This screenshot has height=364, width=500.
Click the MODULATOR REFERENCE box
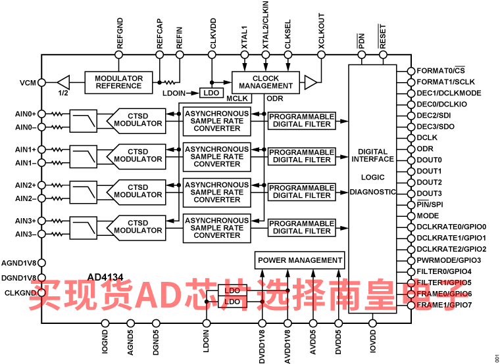[x=118, y=82]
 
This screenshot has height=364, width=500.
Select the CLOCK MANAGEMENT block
[x=266, y=82]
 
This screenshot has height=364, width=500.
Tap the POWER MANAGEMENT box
[x=300, y=260]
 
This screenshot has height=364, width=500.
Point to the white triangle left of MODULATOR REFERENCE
[x=64, y=82]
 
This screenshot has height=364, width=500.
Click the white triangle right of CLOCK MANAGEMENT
[x=310, y=82]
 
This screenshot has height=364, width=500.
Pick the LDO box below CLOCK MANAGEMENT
[x=211, y=93]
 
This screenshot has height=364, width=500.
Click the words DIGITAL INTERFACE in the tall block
[x=372, y=156]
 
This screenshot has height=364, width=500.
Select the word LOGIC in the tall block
[x=372, y=177]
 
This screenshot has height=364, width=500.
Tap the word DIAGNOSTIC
[x=372, y=192]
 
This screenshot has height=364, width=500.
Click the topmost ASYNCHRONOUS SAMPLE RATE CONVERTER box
[x=216, y=121]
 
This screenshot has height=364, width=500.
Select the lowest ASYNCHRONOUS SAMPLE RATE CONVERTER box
[x=216, y=228]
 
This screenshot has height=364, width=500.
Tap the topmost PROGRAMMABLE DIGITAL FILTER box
[x=302, y=120]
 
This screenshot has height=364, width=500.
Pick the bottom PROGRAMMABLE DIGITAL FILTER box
[x=302, y=227]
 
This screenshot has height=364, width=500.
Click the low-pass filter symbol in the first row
[x=84, y=121]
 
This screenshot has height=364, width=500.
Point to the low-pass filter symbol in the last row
[x=84, y=228]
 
